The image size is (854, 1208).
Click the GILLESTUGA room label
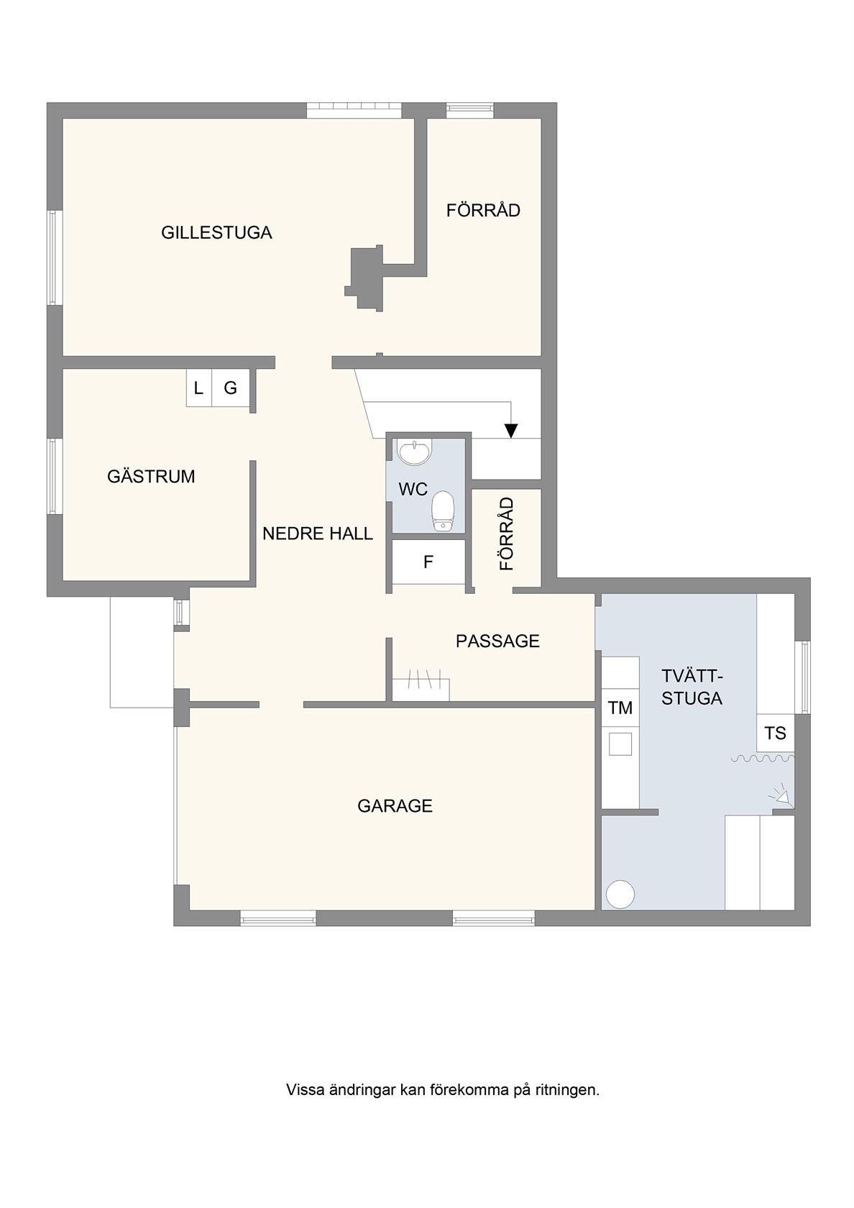coord(216,232)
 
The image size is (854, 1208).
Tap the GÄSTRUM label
coord(151,476)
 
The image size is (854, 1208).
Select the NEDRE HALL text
coord(318,534)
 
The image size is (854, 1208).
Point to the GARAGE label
coord(395,805)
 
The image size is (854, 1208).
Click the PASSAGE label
coord(497,641)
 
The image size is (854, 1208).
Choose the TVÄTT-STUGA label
coord(692,687)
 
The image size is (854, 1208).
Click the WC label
coord(413,489)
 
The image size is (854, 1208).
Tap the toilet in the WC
coord(444,511)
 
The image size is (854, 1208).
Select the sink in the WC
coord(414,451)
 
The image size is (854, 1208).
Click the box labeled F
coord(428,562)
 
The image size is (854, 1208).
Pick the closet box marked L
coord(199,387)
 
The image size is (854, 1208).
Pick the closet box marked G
coord(231,387)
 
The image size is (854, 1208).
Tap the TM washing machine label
coord(620,708)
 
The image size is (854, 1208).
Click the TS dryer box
coord(775,733)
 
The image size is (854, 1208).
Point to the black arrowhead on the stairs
coord(511,430)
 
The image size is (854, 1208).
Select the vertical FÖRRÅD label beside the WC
coord(507,534)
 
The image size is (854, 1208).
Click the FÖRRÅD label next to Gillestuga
coord(483,210)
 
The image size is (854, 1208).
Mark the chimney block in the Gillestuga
coord(364,278)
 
